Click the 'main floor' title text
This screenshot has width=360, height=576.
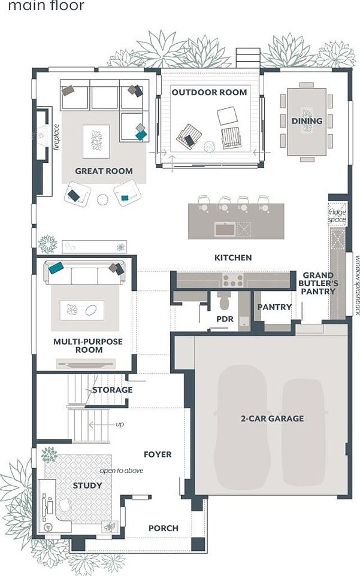coord(47,7)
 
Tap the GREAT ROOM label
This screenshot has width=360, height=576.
coord(104,171)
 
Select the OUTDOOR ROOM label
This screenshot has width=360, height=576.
coord(209,92)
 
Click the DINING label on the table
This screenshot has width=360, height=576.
coord(307,121)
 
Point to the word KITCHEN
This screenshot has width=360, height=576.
coord(233,257)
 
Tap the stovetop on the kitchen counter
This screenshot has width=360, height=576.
coord(232,280)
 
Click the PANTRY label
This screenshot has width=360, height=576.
coord(274,307)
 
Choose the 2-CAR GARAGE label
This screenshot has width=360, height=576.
coord(268,419)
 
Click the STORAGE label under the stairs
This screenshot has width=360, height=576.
coord(113,390)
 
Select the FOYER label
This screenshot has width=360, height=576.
coord(158,454)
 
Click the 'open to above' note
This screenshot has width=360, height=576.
coord(122,471)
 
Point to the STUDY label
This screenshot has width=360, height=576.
coord(87,485)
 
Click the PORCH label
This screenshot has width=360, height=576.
coord(163,528)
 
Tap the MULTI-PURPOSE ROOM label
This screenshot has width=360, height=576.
coord(87,345)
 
